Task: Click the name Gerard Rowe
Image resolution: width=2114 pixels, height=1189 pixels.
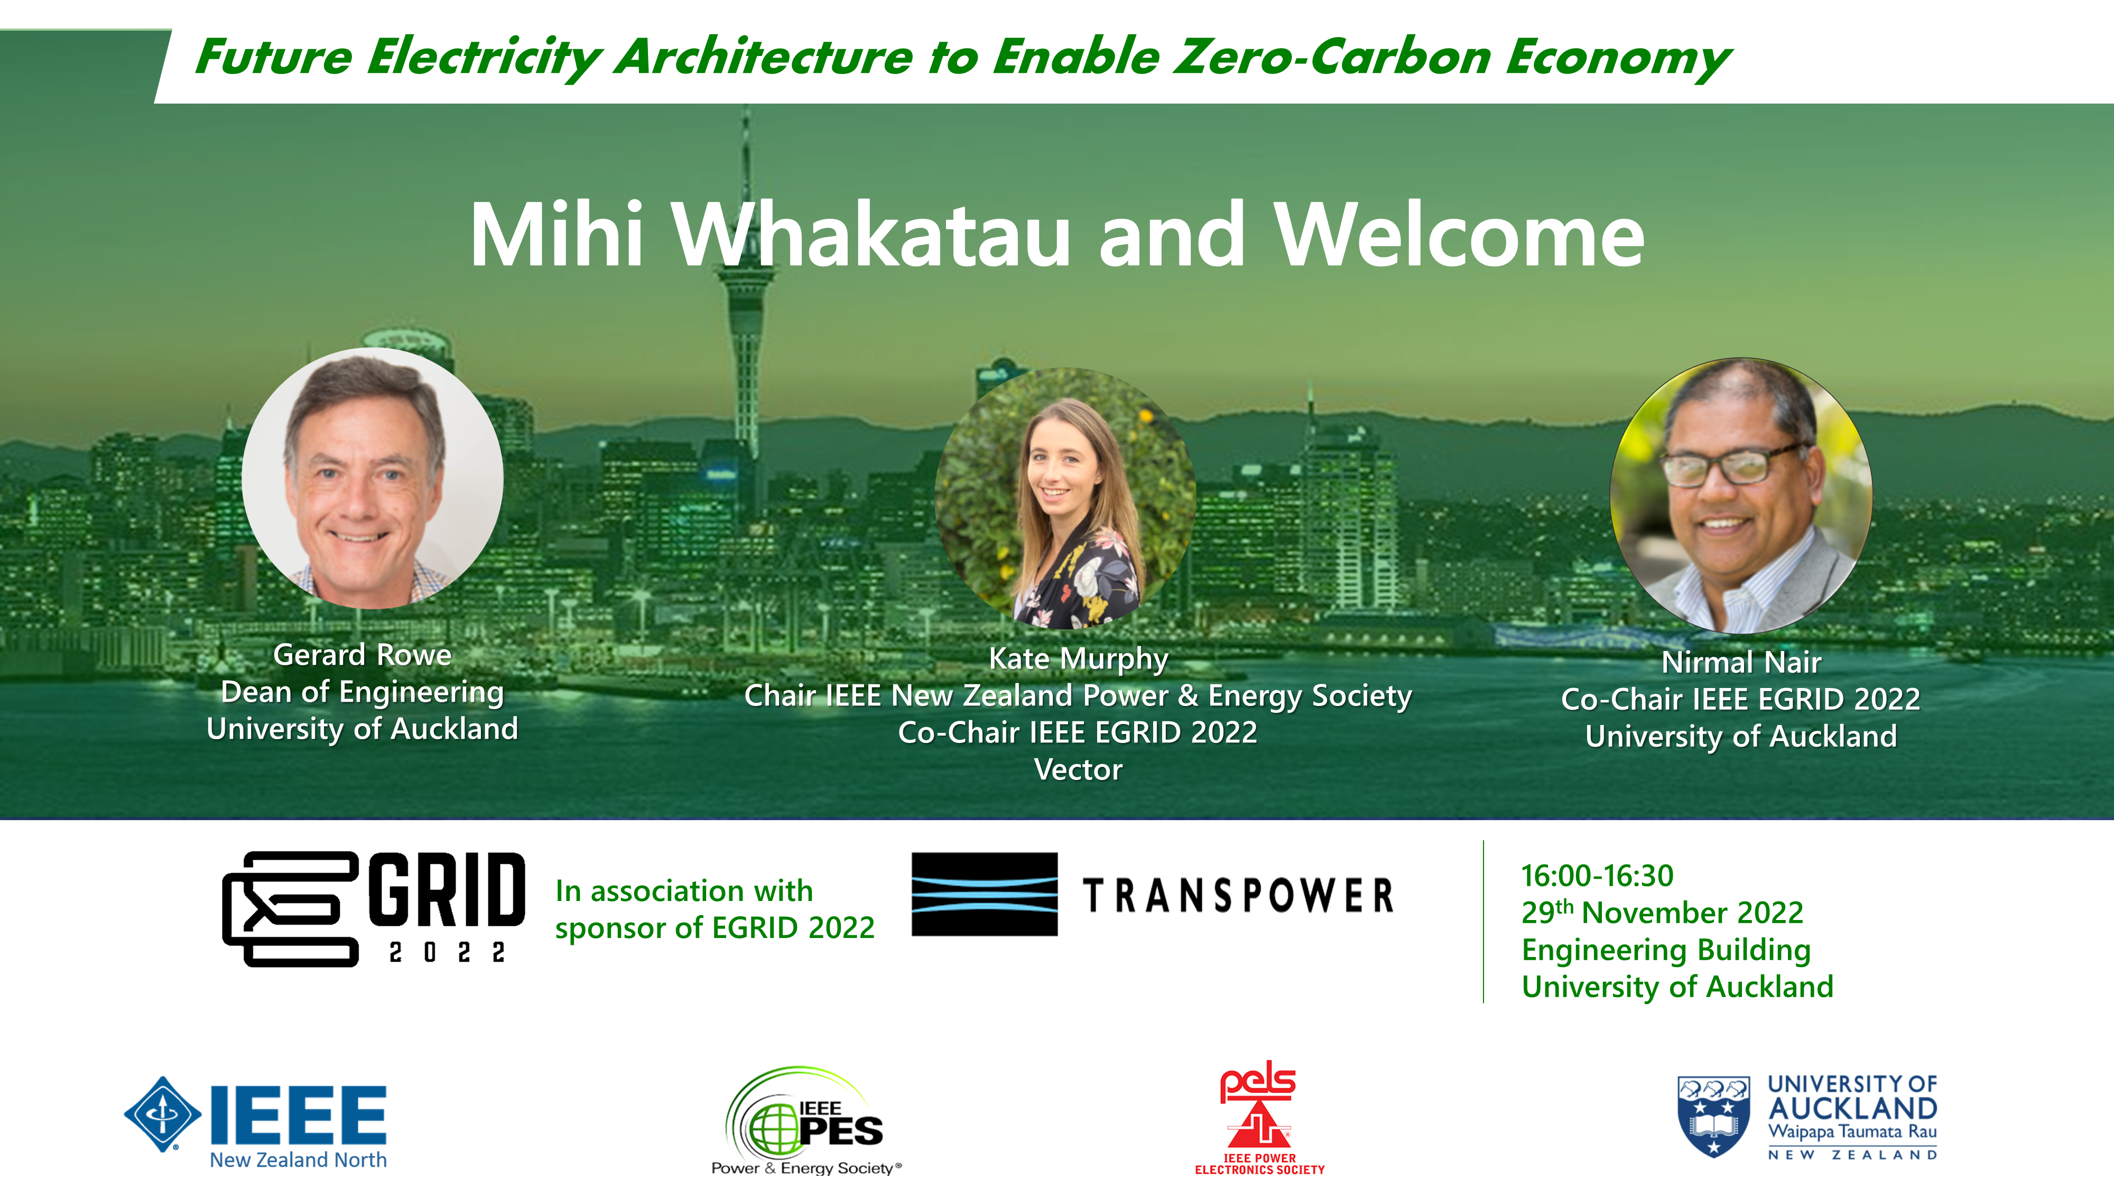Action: (x=362, y=655)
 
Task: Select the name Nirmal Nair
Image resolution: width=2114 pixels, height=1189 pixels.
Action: (x=1740, y=662)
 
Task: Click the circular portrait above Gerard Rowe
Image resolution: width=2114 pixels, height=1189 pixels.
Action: (x=373, y=478)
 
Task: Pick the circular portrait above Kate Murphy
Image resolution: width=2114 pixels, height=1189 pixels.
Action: (x=1065, y=498)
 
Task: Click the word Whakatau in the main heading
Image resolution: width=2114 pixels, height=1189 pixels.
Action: (x=873, y=236)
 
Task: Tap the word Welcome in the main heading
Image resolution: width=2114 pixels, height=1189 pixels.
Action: (x=1459, y=236)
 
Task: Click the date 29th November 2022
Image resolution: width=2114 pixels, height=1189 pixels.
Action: (x=1662, y=912)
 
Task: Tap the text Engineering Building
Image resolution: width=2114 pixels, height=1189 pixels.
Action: (x=1666, y=950)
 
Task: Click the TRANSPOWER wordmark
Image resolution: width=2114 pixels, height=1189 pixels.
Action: (x=1238, y=895)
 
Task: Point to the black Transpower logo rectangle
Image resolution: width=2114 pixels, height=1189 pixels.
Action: (x=985, y=895)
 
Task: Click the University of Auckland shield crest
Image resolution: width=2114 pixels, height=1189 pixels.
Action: (x=1713, y=1117)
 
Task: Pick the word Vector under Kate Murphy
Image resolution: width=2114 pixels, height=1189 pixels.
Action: (x=1078, y=770)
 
